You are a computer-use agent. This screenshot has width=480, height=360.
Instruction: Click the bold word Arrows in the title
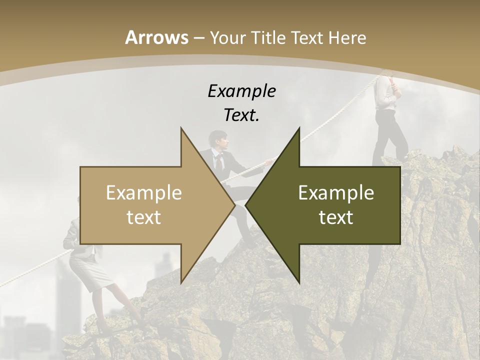tap(156, 37)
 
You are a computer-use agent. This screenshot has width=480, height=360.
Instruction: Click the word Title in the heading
tap(267, 37)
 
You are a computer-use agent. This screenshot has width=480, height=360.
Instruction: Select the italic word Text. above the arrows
tap(241, 115)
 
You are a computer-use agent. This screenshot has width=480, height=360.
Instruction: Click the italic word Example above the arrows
tap(241, 91)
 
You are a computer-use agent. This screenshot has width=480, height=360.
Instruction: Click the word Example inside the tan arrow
tap(144, 193)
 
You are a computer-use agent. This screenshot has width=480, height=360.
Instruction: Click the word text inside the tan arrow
tap(144, 217)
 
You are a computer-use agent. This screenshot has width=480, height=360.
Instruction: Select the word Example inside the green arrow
tap(336, 193)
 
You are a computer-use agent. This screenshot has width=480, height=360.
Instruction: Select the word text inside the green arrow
tap(336, 217)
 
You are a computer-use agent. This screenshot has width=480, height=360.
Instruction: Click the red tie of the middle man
tap(218, 160)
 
